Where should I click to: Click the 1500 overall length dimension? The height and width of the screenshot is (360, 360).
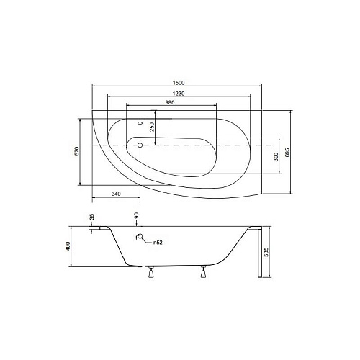click(x=179, y=83)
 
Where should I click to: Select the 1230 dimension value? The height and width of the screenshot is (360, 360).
click(x=179, y=94)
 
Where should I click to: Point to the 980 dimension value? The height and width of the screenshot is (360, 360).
click(x=170, y=102)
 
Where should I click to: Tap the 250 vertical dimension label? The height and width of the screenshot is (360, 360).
click(x=152, y=127)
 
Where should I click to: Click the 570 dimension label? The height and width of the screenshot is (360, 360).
click(x=77, y=151)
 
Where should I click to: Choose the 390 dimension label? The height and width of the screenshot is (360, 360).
click(x=276, y=156)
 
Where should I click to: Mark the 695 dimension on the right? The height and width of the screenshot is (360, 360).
click(x=287, y=153)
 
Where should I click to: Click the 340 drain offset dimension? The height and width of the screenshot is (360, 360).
click(x=116, y=194)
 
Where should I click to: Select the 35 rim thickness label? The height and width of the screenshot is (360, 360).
click(x=91, y=217)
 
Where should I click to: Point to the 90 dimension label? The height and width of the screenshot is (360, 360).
click(x=136, y=215)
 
